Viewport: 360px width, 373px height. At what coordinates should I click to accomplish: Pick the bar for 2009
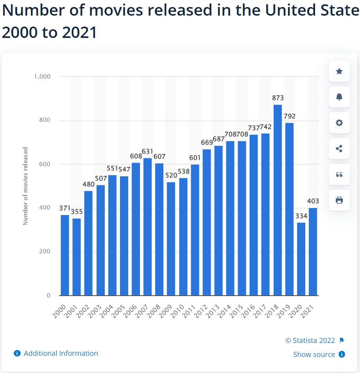click(x=171, y=239)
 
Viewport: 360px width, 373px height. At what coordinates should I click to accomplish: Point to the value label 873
click(x=278, y=98)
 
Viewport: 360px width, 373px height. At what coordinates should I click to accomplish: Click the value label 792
click(x=290, y=116)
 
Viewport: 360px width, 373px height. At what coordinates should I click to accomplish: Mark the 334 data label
click(x=301, y=216)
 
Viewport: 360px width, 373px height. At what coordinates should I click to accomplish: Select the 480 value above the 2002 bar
click(x=89, y=184)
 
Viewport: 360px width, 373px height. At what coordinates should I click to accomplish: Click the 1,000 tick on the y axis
click(x=42, y=77)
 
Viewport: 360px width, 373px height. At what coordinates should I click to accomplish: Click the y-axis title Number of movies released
click(x=25, y=186)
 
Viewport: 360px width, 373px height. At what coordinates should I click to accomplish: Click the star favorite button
click(x=339, y=71)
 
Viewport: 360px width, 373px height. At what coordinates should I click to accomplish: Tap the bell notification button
click(x=339, y=97)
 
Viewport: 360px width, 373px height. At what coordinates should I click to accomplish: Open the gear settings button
click(x=339, y=123)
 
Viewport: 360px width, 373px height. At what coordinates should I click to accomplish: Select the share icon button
click(x=339, y=149)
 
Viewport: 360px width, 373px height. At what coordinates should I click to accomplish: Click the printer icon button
click(x=339, y=200)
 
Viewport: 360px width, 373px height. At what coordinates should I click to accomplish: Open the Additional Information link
click(x=61, y=353)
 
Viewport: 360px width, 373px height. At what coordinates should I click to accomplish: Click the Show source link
click(x=314, y=355)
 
